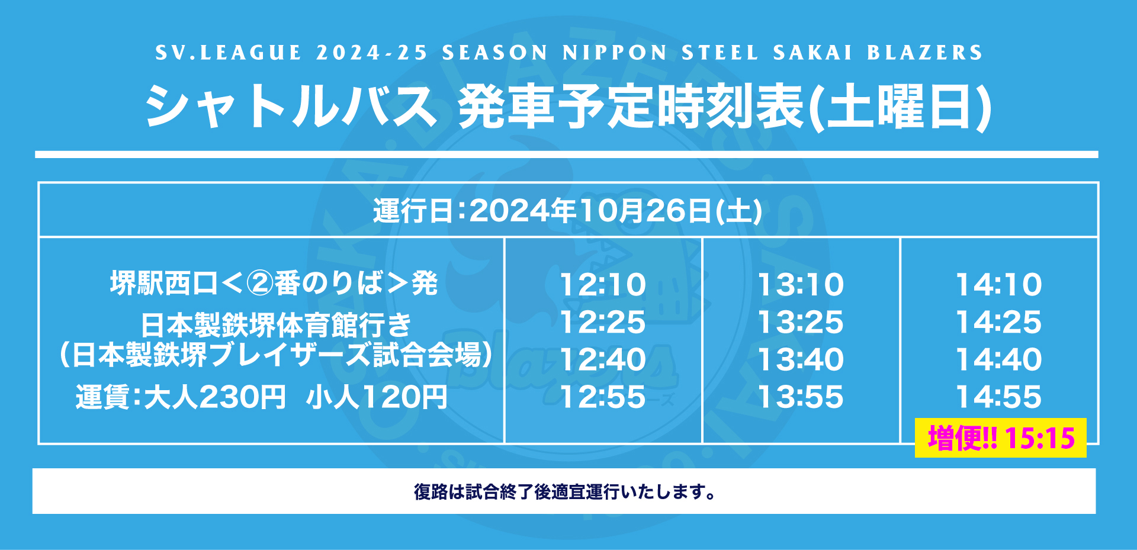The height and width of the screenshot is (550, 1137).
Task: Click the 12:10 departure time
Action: (603, 285)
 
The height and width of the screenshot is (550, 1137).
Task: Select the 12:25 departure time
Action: (603, 322)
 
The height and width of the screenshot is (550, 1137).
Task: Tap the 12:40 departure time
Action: (603, 359)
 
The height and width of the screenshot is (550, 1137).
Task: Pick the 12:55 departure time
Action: (603, 397)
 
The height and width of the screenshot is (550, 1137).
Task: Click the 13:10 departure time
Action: (801, 285)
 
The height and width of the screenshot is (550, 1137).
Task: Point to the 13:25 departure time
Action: (801, 322)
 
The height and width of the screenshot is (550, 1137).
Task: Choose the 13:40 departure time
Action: (801, 359)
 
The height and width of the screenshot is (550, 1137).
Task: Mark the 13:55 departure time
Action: (801, 397)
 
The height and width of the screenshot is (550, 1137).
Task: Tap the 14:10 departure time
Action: (999, 285)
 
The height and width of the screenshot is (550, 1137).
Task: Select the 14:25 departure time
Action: (999, 322)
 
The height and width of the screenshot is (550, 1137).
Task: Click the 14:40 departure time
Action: (999, 359)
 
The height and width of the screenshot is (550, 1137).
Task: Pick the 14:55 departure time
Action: (999, 397)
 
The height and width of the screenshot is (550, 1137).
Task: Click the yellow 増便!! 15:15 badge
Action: (1001, 438)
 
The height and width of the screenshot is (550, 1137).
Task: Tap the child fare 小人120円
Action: (377, 397)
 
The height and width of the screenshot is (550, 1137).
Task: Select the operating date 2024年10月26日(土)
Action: (616, 211)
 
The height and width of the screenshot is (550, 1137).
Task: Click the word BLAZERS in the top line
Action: (925, 53)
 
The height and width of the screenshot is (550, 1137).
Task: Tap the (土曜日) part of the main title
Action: (900, 107)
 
